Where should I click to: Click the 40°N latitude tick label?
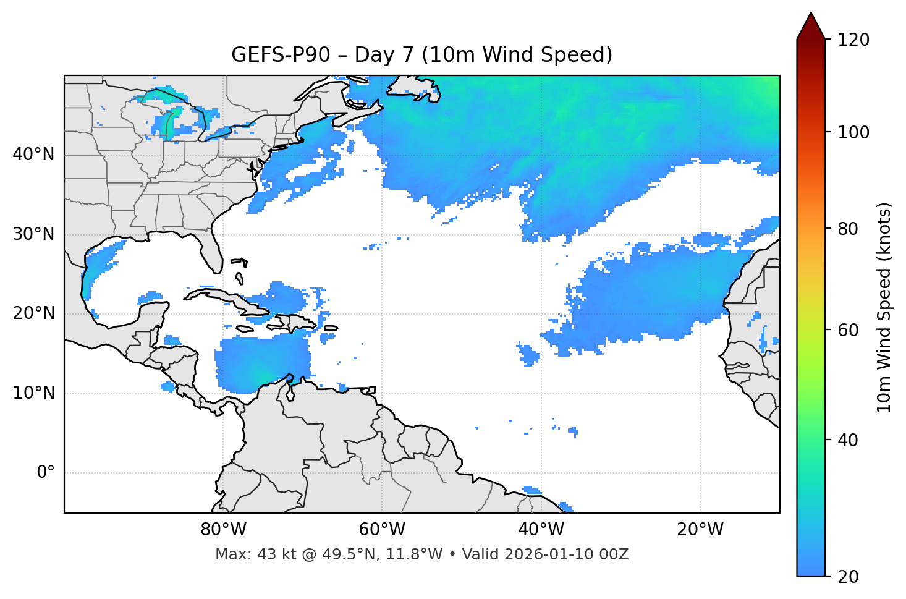[33, 155]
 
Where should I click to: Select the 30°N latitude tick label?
[33, 234]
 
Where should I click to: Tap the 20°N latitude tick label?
[33, 313]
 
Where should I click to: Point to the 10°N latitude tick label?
[33, 393]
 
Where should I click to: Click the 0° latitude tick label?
[46, 473]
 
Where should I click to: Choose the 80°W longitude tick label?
[223, 530]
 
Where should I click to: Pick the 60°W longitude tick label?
[382, 530]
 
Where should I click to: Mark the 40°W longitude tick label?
[541, 530]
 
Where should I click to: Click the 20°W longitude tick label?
[700, 530]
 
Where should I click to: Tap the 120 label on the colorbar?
[853, 40]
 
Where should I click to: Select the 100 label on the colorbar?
[853, 132]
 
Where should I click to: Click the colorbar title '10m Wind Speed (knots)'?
[884, 308]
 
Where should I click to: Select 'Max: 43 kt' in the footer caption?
[247, 554]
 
